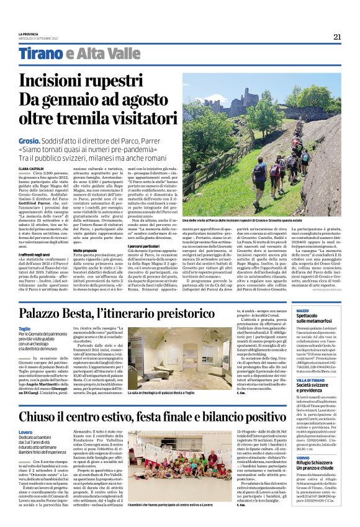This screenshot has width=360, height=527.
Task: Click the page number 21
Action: [x=337, y=36]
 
